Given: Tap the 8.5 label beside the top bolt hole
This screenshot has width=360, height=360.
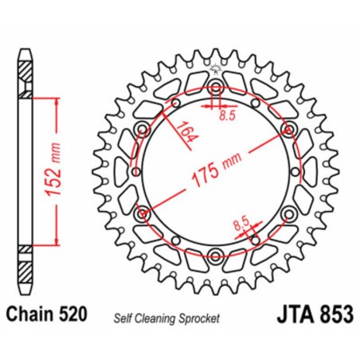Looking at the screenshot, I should [x=228, y=114].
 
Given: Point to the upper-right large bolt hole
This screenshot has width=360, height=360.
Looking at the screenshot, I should [x=288, y=129].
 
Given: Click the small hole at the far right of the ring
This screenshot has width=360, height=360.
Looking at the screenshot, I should [x=299, y=172].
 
